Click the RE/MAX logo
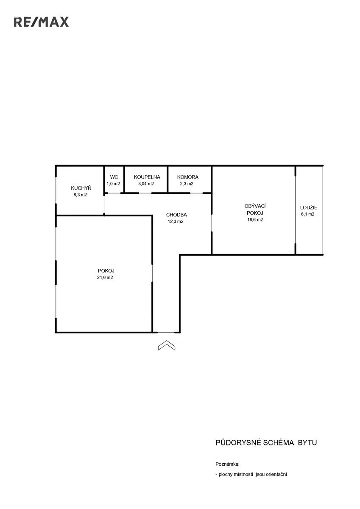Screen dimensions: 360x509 tap(41, 22)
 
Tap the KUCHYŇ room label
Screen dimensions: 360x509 tap(81, 188)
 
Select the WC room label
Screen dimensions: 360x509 tap(114, 177)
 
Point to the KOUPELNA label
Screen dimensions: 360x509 tap(147, 177)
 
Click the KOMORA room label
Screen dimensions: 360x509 tap(187, 177)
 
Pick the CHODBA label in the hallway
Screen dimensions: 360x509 tap(176, 215)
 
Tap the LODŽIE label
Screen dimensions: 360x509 tap(308, 207)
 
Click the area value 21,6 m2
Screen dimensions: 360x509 tap(105, 277)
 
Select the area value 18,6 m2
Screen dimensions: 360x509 tap(255, 220)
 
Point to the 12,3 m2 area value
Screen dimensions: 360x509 tap(176, 221)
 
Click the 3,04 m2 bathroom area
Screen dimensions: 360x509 tap(146, 184)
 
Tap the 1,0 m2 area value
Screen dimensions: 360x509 tap(113, 184)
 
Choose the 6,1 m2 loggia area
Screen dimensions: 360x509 tap(307, 214)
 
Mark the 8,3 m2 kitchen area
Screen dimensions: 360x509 tap(80, 195)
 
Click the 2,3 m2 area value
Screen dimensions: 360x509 tap(187, 184)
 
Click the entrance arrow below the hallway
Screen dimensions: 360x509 tap(167, 345)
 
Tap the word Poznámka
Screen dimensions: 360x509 tap(227, 464)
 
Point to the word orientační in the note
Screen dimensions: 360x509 tap(276, 475)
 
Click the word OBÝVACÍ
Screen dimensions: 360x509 tap(255, 206)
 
